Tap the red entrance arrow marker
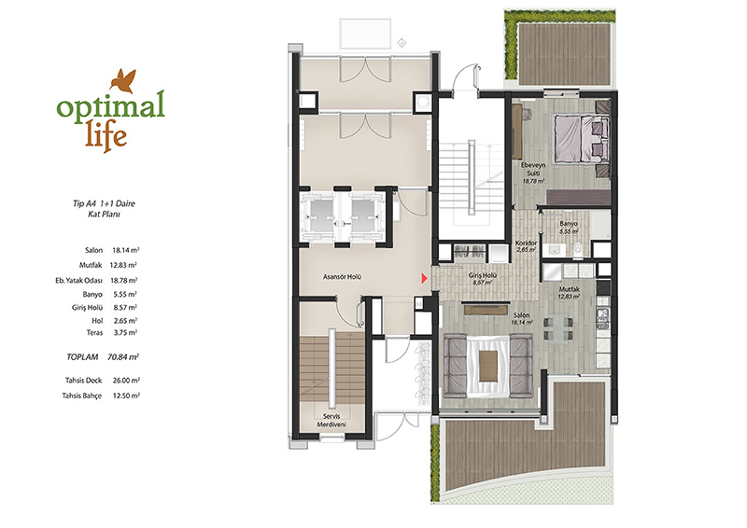(x=424, y=278)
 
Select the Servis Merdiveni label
(x=331, y=421)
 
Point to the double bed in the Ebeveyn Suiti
(x=581, y=138)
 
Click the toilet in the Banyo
(x=578, y=248)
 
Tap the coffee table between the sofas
(x=487, y=366)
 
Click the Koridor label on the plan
(x=526, y=245)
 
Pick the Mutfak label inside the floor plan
(x=569, y=292)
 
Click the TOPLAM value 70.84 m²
(x=123, y=356)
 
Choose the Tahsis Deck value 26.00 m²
(x=126, y=381)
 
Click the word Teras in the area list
(x=94, y=333)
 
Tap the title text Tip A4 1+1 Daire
(x=104, y=203)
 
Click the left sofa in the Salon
(x=455, y=366)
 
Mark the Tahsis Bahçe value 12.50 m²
(x=126, y=396)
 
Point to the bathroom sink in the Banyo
(x=554, y=249)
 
